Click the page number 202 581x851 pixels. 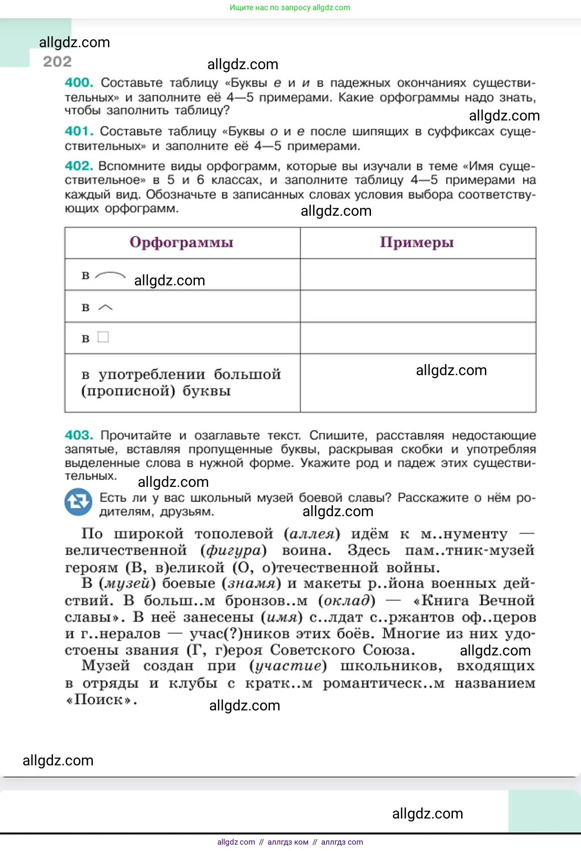click(57, 61)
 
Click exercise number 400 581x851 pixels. click(79, 82)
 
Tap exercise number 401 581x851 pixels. click(79, 131)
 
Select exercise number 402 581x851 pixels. click(79, 166)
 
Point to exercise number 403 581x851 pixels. click(79, 435)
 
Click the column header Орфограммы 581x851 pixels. click(182, 242)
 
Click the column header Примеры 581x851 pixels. click(417, 242)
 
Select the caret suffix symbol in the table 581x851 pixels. click(105, 307)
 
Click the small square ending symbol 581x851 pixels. click(103, 338)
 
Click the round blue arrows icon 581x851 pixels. click(78, 502)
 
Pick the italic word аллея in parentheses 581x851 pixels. click(312, 534)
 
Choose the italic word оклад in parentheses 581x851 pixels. click(347, 600)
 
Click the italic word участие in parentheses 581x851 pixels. click(288, 666)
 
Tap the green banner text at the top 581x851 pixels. click(290, 7)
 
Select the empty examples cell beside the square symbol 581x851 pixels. click(418, 338)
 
